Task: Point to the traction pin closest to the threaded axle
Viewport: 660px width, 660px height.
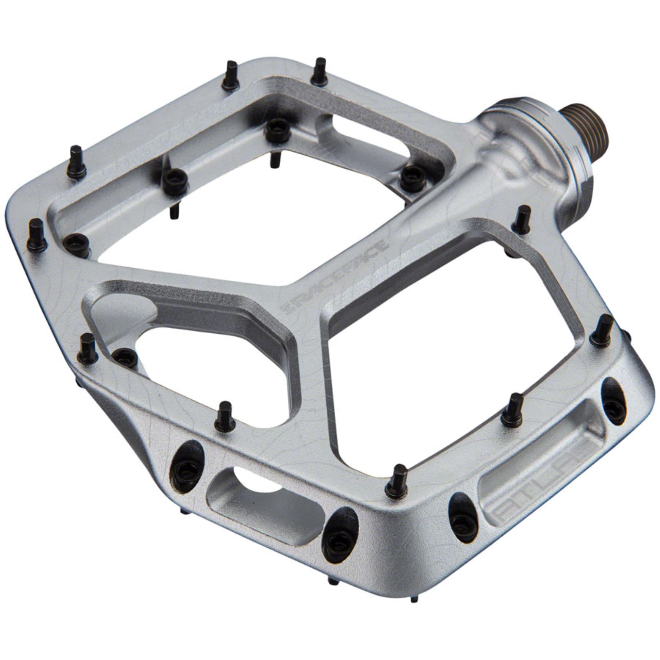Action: (x=522, y=219)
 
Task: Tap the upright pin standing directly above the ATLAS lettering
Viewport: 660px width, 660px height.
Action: (x=513, y=408)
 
